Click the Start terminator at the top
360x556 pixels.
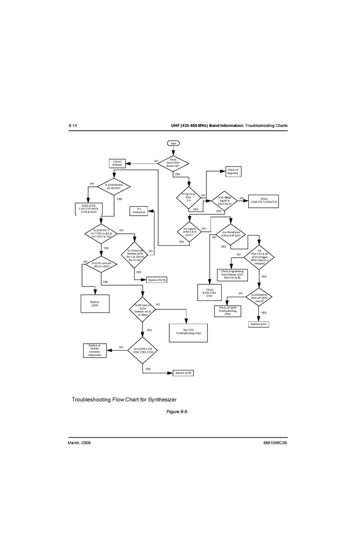pyautogui.click(x=174, y=144)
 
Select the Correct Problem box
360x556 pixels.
pyautogui.click(x=117, y=163)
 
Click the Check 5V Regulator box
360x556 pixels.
pyautogui.click(x=233, y=172)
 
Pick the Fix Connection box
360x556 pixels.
pyautogui.click(x=139, y=211)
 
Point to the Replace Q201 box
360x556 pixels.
pyautogui.click(x=95, y=304)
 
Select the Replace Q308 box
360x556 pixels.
pyautogui.click(x=183, y=373)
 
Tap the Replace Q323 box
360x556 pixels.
pyautogui.click(x=259, y=324)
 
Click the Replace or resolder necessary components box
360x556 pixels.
pyautogui.click(x=95, y=351)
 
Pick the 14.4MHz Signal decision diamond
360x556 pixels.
pyautogui.click(x=224, y=201)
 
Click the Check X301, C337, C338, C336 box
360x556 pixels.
pyautogui.click(x=264, y=200)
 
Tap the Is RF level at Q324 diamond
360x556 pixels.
pyautogui.click(x=142, y=309)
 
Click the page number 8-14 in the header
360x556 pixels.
pyautogui.click(x=73, y=126)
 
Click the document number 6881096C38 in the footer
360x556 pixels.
pyautogui.click(x=275, y=443)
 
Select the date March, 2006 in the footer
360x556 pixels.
pyautogui.click(x=79, y=443)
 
